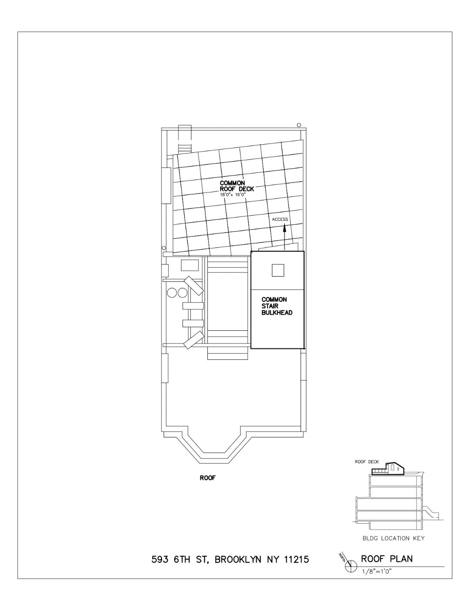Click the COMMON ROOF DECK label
coord(237,186)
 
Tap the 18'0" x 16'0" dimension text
coord(233,194)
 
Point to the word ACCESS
coord(280,219)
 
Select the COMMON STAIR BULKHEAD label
coord(277,306)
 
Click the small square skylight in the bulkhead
coord(278,270)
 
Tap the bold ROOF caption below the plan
coord(208,478)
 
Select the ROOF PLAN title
coord(387,559)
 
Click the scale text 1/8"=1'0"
coord(377,570)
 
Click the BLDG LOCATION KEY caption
coord(393,539)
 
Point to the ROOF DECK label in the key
coord(367,462)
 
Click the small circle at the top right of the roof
coord(299,125)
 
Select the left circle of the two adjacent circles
coord(171,293)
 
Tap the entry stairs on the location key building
coord(430,512)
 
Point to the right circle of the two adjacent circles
coord(183,293)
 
